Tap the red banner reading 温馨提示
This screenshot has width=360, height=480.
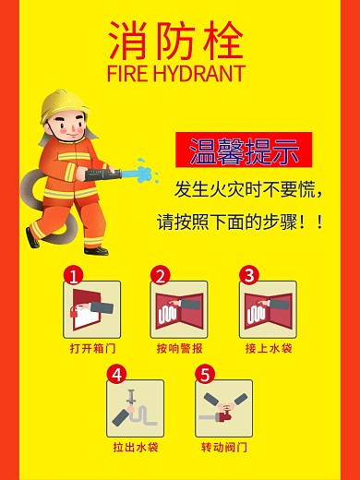tap(244, 149)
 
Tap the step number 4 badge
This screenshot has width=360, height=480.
tap(116, 374)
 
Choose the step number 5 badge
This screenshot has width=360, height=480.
tap(205, 374)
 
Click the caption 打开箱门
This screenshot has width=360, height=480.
tap(91, 349)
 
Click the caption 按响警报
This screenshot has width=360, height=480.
tap(180, 349)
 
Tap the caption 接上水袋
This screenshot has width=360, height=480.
tap(268, 349)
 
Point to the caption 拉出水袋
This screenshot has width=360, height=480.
tap(136, 448)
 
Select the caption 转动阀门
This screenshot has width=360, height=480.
tap(224, 448)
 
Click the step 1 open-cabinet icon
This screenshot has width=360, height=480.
tap(91, 310)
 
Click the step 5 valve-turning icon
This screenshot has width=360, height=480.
tap(223, 408)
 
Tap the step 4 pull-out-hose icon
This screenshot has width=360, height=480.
tap(135, 408)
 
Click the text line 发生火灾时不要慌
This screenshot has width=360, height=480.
tap(249, 191)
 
